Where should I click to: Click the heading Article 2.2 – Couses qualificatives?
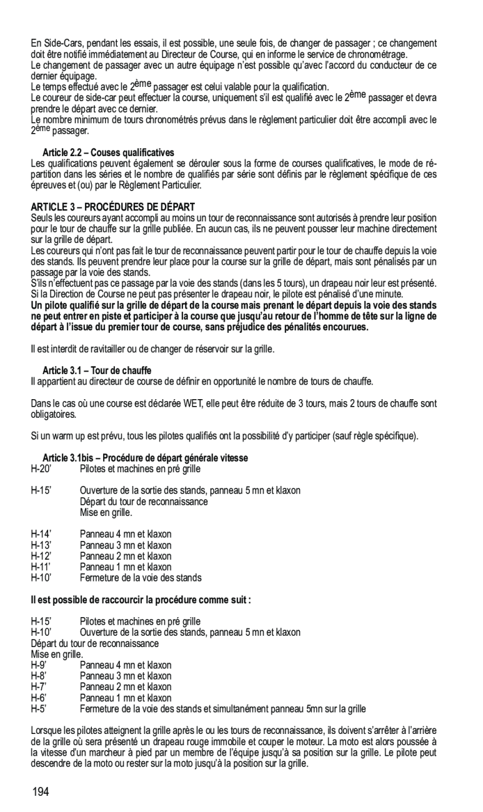[108, 152]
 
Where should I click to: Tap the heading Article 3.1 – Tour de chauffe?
[97, 370]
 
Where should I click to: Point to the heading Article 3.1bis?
[145, 458]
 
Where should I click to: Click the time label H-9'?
[39, 665]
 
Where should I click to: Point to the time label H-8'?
[39, 676]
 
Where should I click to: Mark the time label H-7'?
[39, 686]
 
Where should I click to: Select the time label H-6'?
[39, 698]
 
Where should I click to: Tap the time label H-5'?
[39, 708]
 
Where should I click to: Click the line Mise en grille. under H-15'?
[106, 512]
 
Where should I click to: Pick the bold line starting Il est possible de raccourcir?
[141, 600]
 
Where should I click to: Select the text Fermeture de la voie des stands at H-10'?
[141, 578]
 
